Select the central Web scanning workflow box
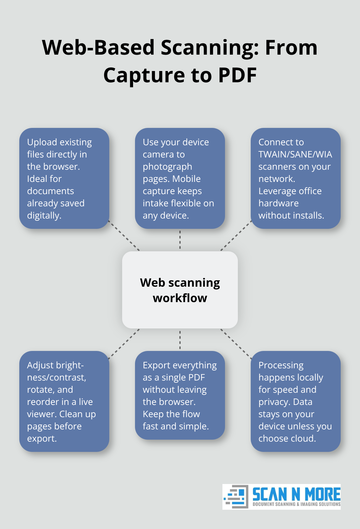click(x=180, y=290)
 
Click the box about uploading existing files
click(x=64, y=178)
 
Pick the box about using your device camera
click(x=180, y=178)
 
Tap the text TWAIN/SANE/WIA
click(x=295, y=155)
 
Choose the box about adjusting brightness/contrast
click(x=64, y=401)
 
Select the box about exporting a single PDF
click(x=180, y=395)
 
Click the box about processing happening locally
click(x=296, y=401)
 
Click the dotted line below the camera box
click(x=180, y=240)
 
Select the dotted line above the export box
click(x=180, y=340)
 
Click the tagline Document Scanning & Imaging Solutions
click(x=296, y=504)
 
